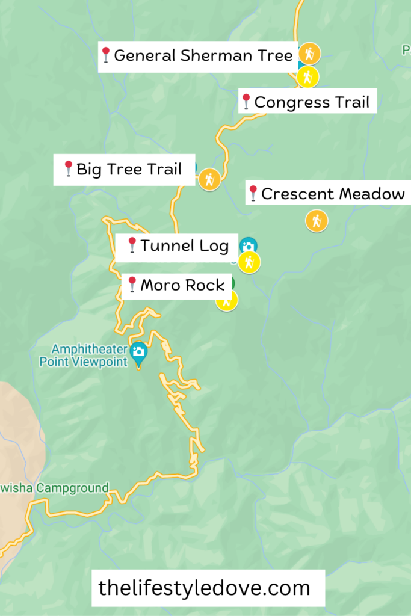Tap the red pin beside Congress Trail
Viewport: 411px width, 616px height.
[x=246, y=102]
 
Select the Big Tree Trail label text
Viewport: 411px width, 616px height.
[x=129, y=169]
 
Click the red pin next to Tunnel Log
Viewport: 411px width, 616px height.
[x=132, y=245]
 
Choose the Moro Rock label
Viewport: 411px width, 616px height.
[x=182, y=285]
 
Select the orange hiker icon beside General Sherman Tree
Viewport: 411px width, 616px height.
[x=309, y=54]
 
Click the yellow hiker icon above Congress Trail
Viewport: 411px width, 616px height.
[x=307, y=77]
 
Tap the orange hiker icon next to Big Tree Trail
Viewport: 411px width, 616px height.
[x=209, y=179]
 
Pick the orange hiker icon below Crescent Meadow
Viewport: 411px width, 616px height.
[x=317, y=221]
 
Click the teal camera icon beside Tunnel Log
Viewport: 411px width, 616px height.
[x=248, y=245]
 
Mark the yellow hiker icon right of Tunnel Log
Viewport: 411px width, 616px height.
[x=249, y=262]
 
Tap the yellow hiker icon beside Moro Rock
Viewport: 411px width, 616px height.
[x=227, y=300]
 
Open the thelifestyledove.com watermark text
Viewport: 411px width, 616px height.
[x=204, y=588]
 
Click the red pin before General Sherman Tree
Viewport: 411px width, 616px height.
[x=106, y=55]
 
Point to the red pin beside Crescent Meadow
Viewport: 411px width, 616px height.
[x=253, y=193]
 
